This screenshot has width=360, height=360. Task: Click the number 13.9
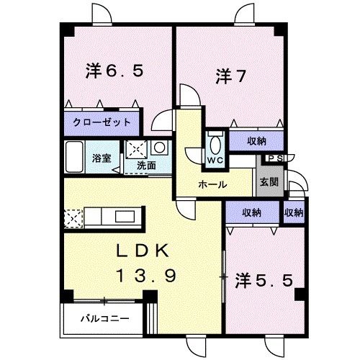tap(144, 276)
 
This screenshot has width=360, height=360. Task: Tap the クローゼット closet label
tap(102, 122)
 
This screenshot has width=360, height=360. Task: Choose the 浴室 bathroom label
tap(102, 158)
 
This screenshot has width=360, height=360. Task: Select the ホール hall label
tap(213, 184)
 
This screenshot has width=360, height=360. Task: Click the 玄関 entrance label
tap(266, 181)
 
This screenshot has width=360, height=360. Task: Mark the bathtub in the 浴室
tap(76, 154)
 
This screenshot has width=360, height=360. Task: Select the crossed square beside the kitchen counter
tap(73, 216)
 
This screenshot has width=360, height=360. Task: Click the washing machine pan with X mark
tap(137, 150)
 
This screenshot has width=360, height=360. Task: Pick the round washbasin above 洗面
tap(159, 148)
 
